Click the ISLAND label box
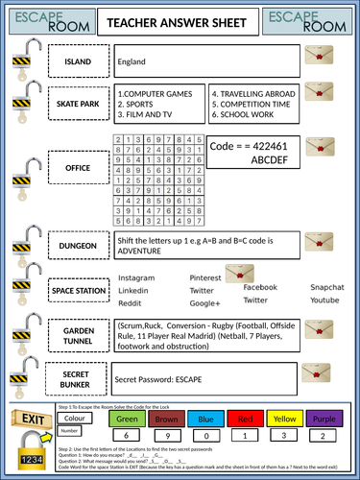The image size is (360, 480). point(78,62)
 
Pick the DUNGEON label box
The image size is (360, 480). point(78,246)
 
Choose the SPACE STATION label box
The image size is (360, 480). point(78,289)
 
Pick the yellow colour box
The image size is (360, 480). point(283,419)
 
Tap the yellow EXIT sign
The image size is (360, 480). point(32,418)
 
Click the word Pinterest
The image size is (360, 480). point(206,278)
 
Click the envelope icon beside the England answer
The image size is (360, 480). point(318,57)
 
